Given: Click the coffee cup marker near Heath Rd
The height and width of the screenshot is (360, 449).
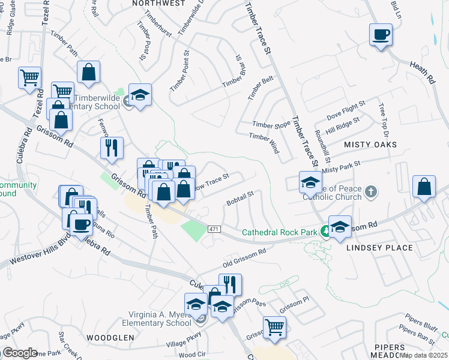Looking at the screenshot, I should click(381, 35).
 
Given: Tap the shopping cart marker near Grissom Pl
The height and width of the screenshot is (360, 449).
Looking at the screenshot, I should click(274, 327).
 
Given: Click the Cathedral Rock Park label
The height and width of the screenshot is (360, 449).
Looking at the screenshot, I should click(280, 232).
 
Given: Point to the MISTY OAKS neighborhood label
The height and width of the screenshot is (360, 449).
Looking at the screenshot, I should click(370, 145).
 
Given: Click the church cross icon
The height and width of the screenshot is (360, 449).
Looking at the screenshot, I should click(372, 192).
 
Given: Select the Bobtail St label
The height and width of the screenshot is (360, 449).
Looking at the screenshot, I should click(241, 199).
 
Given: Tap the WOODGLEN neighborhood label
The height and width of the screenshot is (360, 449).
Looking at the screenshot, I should click(110, 338).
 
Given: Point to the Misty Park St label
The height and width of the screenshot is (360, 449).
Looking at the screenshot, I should click(340, 167).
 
